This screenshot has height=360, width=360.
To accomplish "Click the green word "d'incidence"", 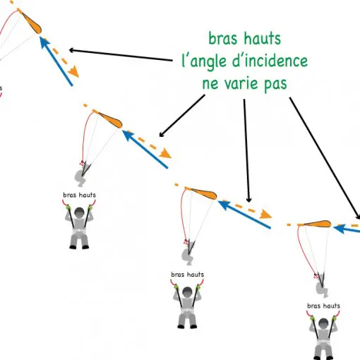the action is pyautogui.click(x=270, y=61).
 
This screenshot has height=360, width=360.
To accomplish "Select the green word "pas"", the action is pyautogui.click(x=275, y=85).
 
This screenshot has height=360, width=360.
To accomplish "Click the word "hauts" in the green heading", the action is pyautogui.click(x=263, y=38).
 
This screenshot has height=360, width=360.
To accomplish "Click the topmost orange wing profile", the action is pyautogui.click(x=32, y=23).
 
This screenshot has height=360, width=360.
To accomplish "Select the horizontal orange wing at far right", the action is pyautogui.click(x=317, y=224).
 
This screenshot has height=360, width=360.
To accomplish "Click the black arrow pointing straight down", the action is pyautogui.click(x=246, y=150).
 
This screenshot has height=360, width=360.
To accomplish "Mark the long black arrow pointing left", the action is pyautogui.click(x=121, y=55).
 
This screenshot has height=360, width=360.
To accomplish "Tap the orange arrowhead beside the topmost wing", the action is pyautogui.click(x=73, y=71).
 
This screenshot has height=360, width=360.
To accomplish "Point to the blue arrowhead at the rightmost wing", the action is pyautogui.click(x=339, y=229).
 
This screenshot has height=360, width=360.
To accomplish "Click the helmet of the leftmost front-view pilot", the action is pyautogui.click(x=79, y=212).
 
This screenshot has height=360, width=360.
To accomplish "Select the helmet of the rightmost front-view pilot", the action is pyautogui.click(x=323, y=323).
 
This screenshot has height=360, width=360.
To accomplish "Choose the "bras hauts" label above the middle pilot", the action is pyautogui.click(x=187, y=275).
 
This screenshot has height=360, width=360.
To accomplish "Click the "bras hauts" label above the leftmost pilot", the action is pyautogui.click(x=80, y=195).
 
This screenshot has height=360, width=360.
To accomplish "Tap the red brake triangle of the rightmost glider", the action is pyautogui.click(x=316, y=276).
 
